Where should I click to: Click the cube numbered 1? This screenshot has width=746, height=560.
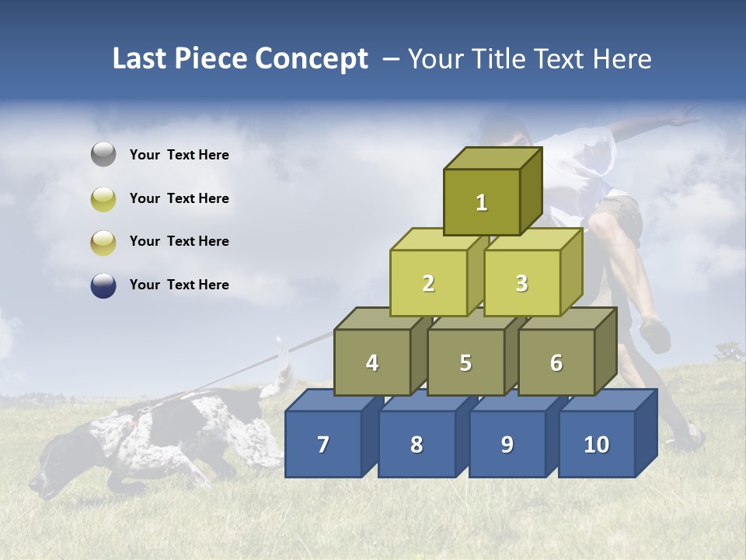pyautogui.click(x=482, y=202)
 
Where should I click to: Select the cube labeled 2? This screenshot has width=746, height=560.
pyautogui.click(x=428, y=283)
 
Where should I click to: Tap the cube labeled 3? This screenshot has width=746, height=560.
pyautogui.click(x=521, y=283)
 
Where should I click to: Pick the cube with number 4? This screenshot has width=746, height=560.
pyautogui.click(x=372, y=362)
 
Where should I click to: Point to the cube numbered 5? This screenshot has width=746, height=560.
pyautogui.click(x=465, y=362)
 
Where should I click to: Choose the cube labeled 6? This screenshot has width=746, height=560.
pyautogui.click(x=556, y=362)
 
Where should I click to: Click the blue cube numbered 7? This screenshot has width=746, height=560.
pyautogui.click(x=323, y=444)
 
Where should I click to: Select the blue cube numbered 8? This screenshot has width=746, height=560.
pyautogui.click(x=417, y=444)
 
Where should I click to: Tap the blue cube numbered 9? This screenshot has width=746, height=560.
pyautogui.click(x=507, y=444)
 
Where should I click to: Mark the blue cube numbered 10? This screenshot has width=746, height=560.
pyautogui.click(x=596, y=444)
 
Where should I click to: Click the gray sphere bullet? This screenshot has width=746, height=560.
pyautogui.click(x=103, y=155)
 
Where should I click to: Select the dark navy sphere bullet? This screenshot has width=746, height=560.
pyautogui.click(x=103, y=285)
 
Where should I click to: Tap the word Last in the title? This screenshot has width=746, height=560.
pyautogui.click(x=140, y=59)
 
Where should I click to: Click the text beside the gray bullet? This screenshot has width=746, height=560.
pyautogui.click(x=180, y=155)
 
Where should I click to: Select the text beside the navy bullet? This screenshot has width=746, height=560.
pyautogui.click(x=180, y=285)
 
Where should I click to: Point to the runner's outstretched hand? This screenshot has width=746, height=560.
pyautogui.click(x=684, y=118)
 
